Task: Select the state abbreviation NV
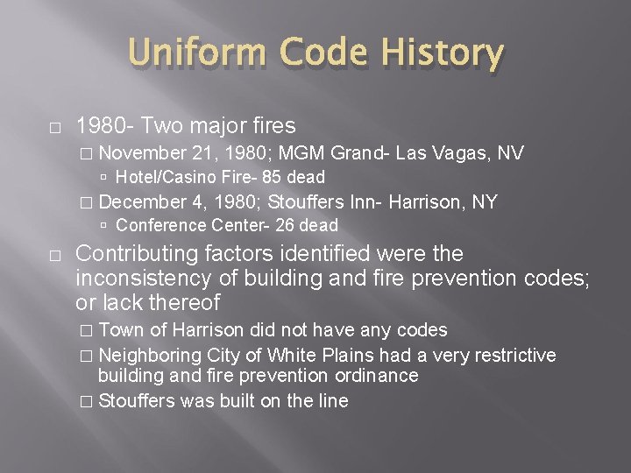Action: tap(512, 153)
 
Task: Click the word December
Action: tap(143, 201)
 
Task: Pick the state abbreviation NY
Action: tap(486, 201)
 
